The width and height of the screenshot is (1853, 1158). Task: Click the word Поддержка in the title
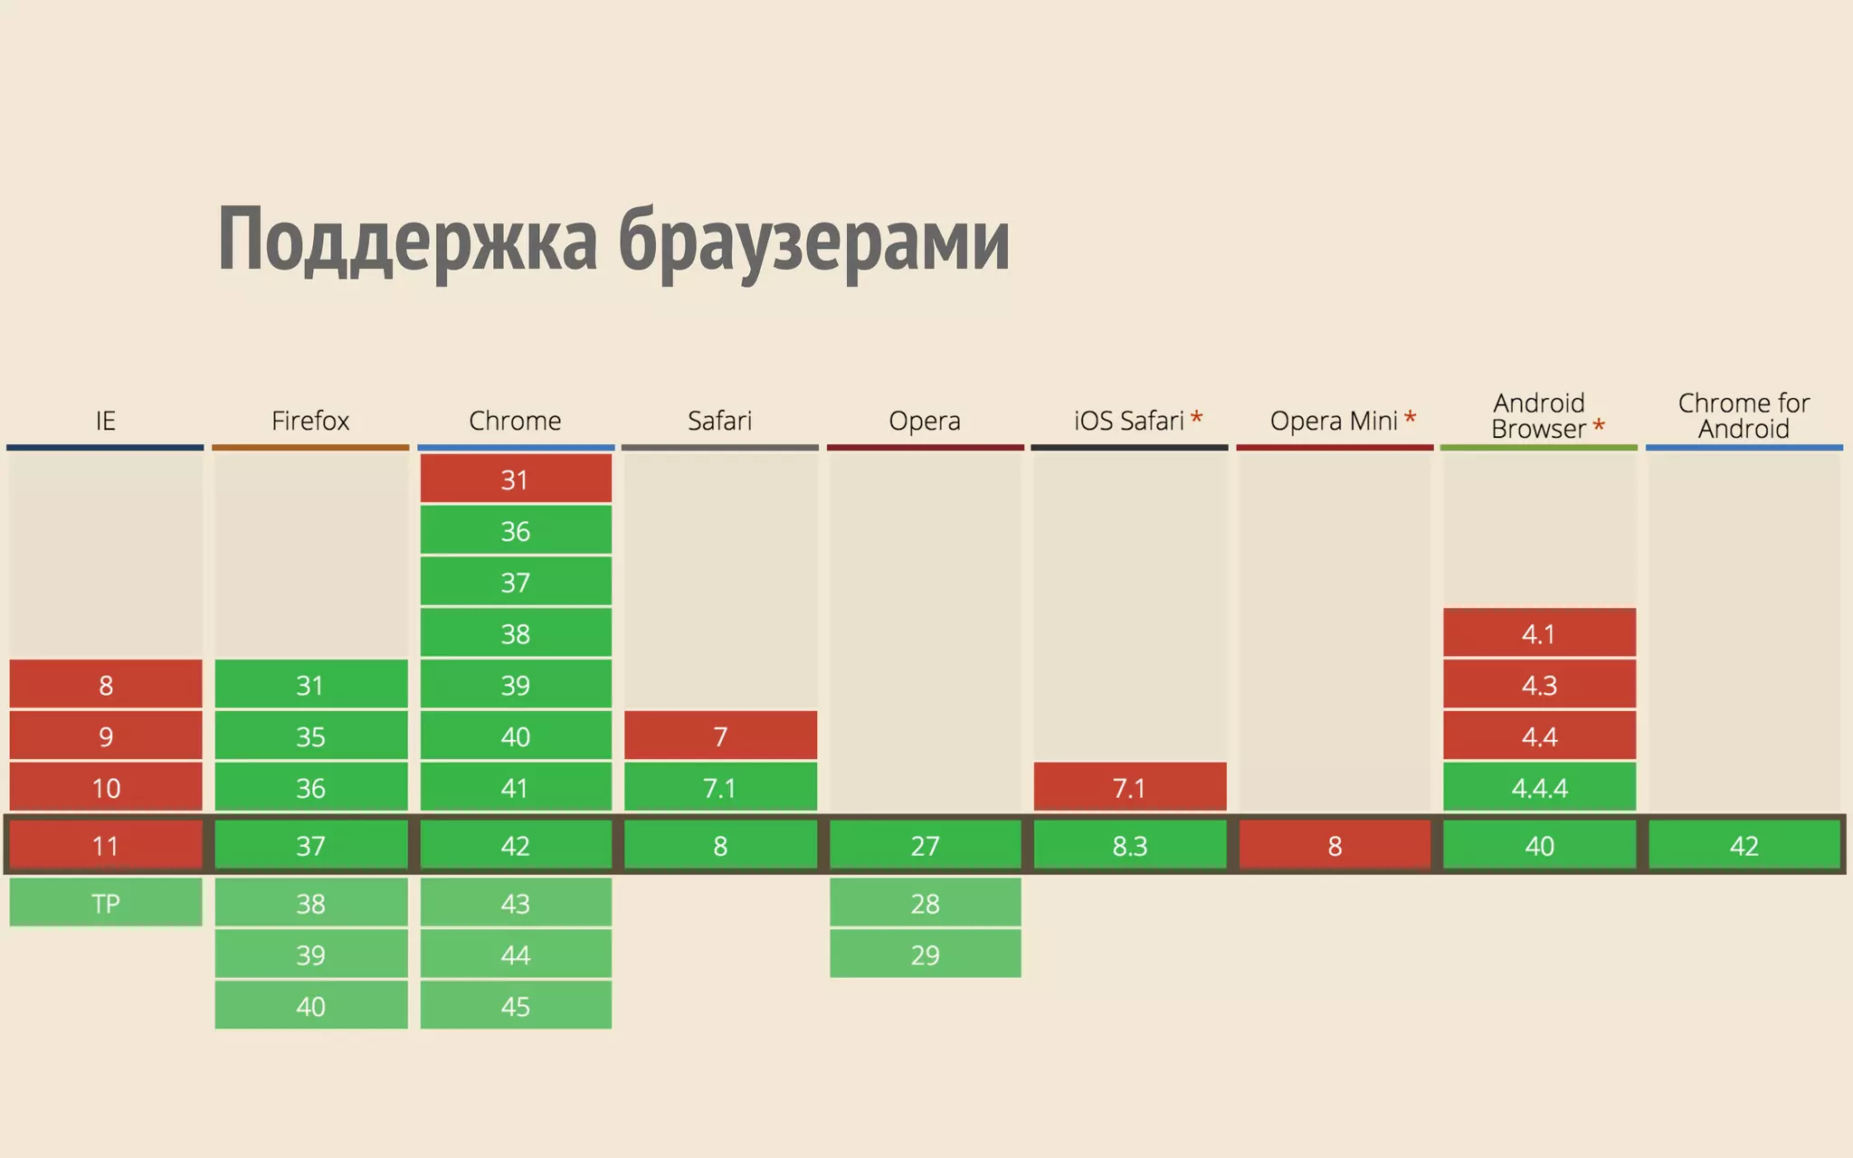click(x=407, y=240)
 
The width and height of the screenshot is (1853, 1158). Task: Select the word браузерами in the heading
click(x=814, y=240)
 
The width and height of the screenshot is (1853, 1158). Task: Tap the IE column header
click(x=106, y=421)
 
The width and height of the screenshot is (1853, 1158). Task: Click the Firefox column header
click(x=310, y=421)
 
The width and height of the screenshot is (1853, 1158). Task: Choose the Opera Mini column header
click(x=1334, y=421)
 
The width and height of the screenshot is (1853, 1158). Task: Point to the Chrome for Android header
click(x=1744, y=415)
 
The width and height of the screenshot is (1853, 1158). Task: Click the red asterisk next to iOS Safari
click(x=1196, y=418)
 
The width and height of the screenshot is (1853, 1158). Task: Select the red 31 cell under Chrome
click(x=516, y=479)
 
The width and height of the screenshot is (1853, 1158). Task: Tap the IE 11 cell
click(x=106, y=846)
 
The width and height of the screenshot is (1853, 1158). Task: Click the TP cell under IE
click(x=106, y=903)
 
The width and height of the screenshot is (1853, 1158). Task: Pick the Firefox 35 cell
click(x=310, y=736)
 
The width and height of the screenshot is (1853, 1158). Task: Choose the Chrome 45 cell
click(x=516, y=1006)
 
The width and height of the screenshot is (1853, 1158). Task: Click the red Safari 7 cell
click(x=720, y=736)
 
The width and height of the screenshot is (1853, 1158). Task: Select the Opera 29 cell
click(x=925, y=954)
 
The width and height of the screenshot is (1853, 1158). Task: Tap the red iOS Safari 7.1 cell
click(x=1129, y=788)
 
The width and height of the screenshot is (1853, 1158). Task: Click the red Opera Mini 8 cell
click(x=1335, y=846)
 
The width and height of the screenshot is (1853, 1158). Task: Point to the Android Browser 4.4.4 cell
click(x=1539, y=788)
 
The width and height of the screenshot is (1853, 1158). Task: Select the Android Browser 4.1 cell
click(x=1539, y=633)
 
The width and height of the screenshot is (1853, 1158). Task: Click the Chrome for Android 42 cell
click(x=1744, y=846)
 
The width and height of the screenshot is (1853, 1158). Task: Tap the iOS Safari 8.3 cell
click(x=1129, y=846)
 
